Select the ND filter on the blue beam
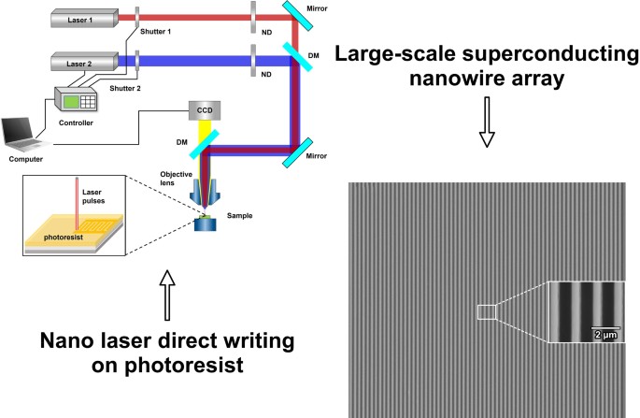(254, 62)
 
